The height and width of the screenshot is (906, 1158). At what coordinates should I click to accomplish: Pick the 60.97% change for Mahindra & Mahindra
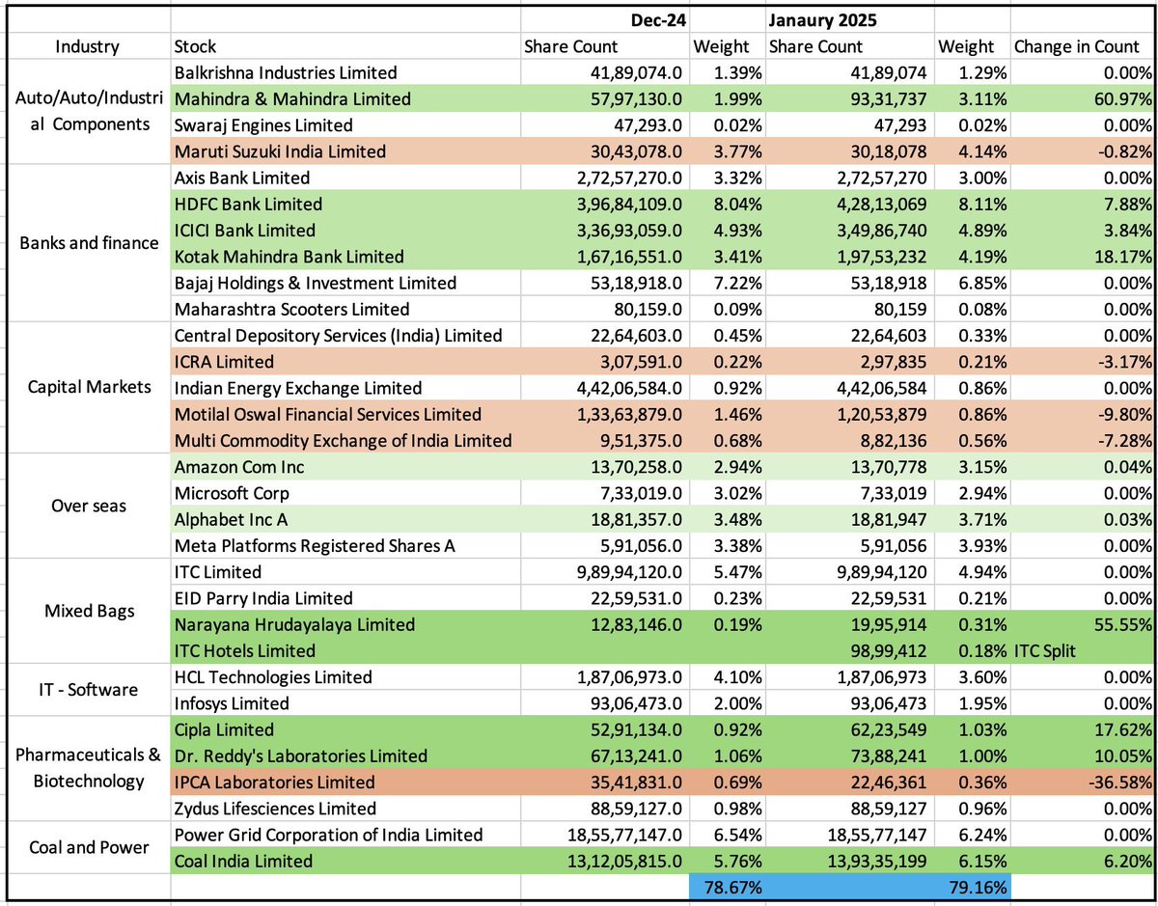(1118, 98)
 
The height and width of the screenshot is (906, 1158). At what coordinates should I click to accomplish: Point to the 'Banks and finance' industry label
(88, 243)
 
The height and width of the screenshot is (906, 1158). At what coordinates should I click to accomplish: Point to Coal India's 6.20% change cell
(1124, 862)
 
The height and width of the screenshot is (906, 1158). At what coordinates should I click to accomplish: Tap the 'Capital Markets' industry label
(88, 388)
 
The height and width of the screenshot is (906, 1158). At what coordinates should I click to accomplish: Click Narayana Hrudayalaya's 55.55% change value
(1118, 625)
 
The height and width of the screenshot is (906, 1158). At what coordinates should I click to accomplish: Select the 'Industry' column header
(88, 46)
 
